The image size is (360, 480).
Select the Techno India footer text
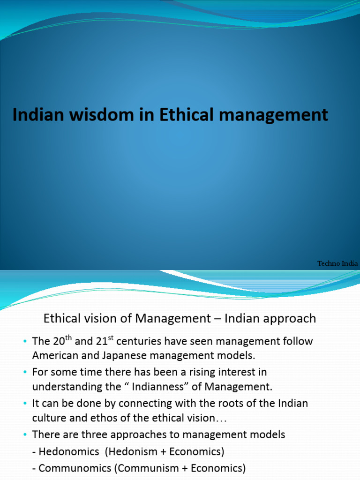pos(337,263)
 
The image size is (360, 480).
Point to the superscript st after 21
pos(111,337)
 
